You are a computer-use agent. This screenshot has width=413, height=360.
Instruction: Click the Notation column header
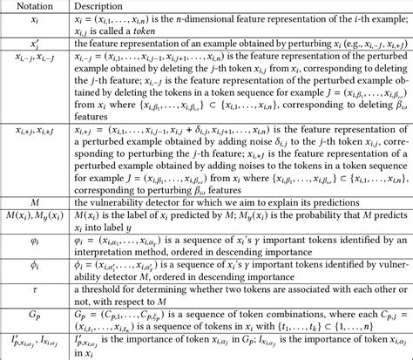(30, 7)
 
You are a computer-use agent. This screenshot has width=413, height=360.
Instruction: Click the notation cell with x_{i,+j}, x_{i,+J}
(30, 131)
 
